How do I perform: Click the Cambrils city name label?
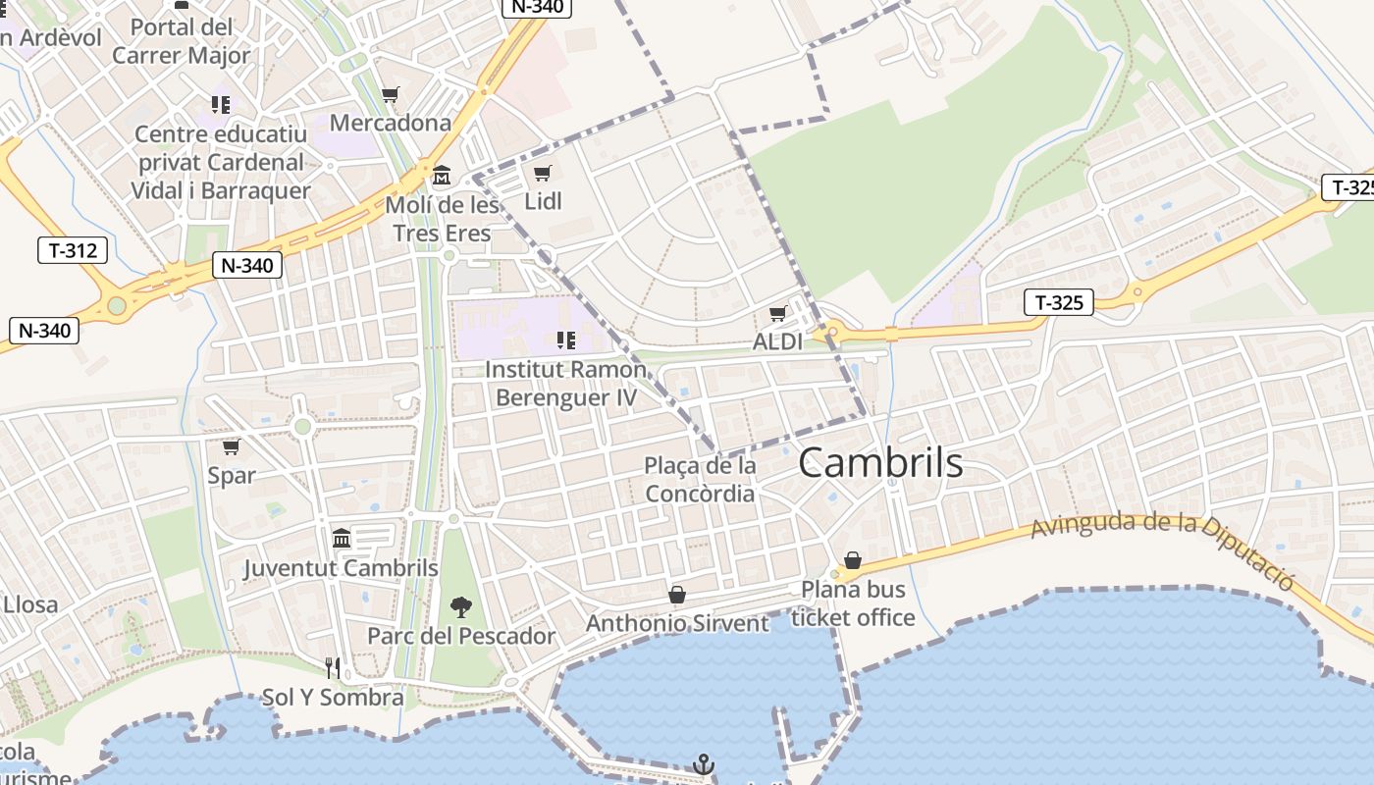pyautogui.click(x=880, y=462)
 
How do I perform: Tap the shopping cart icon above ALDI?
pyautogui.click(x=777, y=314)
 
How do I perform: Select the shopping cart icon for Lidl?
pyautogui.click(x=542, y=174)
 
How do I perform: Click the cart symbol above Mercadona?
pyautogui.click(x=391, y=95)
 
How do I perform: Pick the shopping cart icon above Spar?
pyautogui.click(x=232, y=447)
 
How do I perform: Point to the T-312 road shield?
pyautogui.click(x=73, y=250)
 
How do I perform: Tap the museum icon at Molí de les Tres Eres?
pyautogui.click(x=442, y=177)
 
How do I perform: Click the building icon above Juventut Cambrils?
pyautogui.click(x=342, y=538)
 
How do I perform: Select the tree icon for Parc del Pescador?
pyautogui.click(x=460, y=607)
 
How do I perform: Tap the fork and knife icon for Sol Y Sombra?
pyautogui.click(x=333, y=668)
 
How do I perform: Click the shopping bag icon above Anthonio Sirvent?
pyautogui.click(x=677, y=595)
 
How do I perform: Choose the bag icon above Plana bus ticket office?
pyautogui.click(x=853, y=560)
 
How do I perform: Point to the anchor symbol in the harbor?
pyautogui.click(x=704, y=763)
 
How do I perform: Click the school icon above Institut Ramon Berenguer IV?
pyautogui.click(x=565, y=340)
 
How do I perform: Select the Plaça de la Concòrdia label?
pyautogui.click(x=700, y=479)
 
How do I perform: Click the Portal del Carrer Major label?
pyautogui.click(x=182, y=41)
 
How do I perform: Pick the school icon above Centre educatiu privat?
pyautogui.click(x=220, y=103)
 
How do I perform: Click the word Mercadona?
pyautogui.click(x=391, y=123)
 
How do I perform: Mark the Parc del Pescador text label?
pyautogui.click(x=461, y=636)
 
